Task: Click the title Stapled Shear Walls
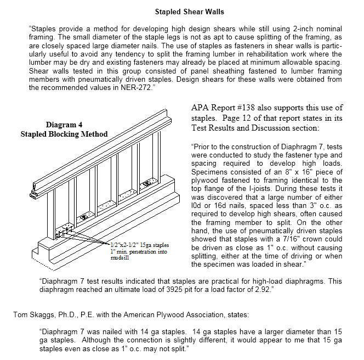[190, 12]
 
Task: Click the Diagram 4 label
[64, 125]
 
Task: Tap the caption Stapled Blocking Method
[64, 134]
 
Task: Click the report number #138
[246, 108]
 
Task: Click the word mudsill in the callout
[120, 257]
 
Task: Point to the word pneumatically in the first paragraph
[101, 79]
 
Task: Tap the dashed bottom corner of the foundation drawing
[54, 271]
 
